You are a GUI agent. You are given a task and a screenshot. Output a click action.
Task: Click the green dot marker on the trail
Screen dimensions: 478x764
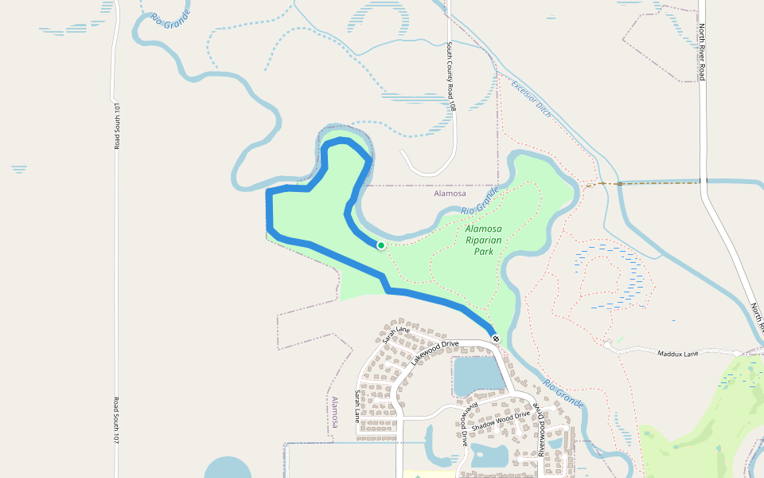coord(381,245)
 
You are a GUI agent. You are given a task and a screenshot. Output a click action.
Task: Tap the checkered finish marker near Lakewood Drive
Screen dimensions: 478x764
coord(496,339)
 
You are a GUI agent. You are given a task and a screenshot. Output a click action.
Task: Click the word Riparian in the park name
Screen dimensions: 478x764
coord(484,240)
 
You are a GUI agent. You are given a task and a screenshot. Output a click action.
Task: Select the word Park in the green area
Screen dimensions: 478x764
coord(484,251)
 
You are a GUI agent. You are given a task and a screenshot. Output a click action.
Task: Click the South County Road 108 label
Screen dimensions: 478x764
coord(451,76)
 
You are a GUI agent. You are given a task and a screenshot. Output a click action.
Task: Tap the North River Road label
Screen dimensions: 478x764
coord(702,52)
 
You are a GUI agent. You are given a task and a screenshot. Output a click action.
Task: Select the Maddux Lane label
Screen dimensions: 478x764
coord(677,353)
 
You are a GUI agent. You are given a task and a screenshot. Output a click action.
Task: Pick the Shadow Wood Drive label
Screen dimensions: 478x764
coord(500,421)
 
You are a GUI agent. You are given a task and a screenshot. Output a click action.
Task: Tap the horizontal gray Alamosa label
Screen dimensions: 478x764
coord(450,194)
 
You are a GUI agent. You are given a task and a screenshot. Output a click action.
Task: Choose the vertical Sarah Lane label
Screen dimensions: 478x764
coord(368,405)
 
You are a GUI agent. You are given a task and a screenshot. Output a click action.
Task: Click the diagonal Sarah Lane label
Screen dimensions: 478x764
coord(396,334)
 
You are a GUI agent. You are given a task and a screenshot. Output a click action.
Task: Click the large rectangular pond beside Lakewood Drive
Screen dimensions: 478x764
coord(477,376)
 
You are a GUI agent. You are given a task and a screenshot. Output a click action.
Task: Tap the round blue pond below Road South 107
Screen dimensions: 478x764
coord(227,468)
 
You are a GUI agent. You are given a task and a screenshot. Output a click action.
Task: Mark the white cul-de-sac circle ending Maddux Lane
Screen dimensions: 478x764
coord(607,346)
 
